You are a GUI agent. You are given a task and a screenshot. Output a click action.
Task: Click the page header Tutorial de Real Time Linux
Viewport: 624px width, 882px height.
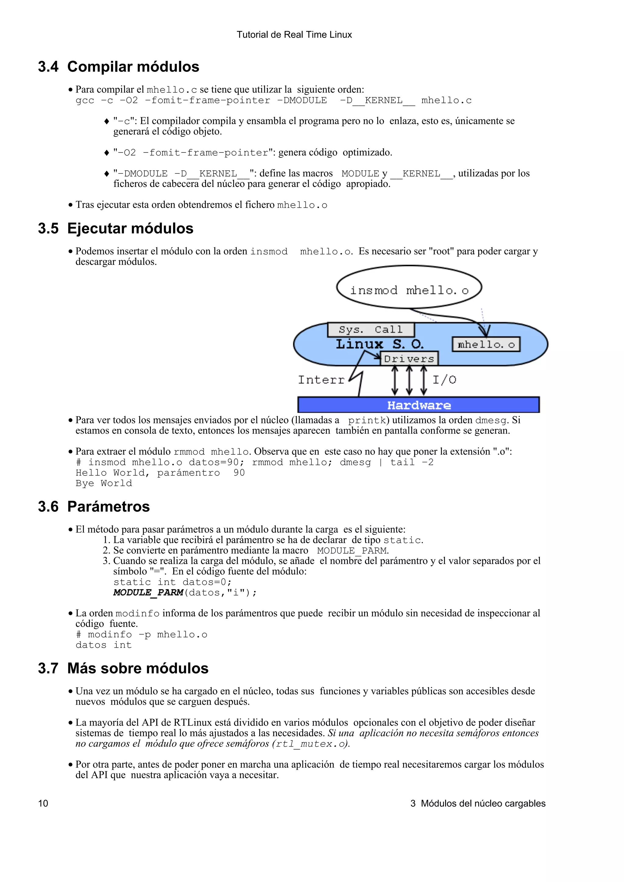click(x=294, y=35)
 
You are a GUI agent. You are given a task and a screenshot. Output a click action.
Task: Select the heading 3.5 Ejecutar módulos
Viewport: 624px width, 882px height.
click(x=115, y=229)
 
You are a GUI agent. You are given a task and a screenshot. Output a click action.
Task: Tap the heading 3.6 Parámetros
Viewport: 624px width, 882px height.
click(x=94, y=507)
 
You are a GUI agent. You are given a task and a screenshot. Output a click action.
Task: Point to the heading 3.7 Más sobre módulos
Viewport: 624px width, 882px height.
click(x=123, y=668)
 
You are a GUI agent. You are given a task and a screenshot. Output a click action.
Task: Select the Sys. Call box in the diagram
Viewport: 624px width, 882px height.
click(x=370, y=330)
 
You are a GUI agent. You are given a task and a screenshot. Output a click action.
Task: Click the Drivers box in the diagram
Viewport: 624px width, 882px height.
click(x=409, y=359)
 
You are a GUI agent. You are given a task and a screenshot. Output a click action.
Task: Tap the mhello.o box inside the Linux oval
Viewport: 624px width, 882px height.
click(x=486, y=345)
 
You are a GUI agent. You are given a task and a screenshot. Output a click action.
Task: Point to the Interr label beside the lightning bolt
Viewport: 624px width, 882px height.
click(x=321, y=380)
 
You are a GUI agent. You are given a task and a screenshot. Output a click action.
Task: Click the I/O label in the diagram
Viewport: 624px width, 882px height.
click(x=445, y=380)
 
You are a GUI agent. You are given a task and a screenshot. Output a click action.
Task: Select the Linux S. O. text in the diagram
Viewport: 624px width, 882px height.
click(x=379, y=344)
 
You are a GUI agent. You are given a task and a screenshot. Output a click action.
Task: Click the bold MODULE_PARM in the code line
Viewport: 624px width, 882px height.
click(x=148, y=592)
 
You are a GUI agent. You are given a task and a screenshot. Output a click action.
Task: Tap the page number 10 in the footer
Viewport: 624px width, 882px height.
click(x=43, y=803)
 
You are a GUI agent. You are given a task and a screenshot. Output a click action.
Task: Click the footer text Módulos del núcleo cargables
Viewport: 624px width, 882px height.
click(x=483, y=803)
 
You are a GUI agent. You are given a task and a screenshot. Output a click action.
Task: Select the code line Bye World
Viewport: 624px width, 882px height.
click(x=104, y=483)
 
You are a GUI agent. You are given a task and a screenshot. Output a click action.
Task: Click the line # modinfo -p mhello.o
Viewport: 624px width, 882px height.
click(x=141, y=635)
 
